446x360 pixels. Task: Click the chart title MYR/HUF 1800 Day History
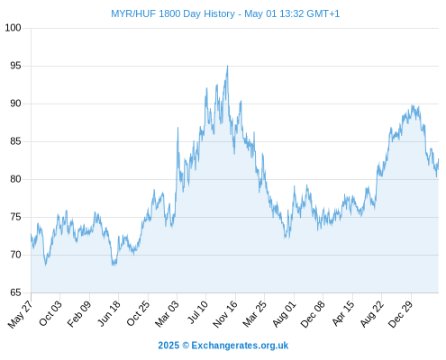coord(173,13)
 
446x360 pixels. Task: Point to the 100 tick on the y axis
coord(14,28)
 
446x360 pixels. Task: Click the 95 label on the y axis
coord(15,66)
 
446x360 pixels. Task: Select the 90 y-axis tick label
coord(15,103)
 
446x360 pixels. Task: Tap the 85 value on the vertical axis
coord(15,141)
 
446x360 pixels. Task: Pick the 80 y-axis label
coord(15,179)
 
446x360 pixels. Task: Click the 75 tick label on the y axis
coord(15,217)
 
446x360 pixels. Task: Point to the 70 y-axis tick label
coord(15,255)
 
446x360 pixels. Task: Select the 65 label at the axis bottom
coord(15,292)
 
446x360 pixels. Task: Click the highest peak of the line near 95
coord(227,66)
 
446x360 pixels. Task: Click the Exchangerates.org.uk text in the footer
coord(240,346)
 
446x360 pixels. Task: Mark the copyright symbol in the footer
coord(186,346)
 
